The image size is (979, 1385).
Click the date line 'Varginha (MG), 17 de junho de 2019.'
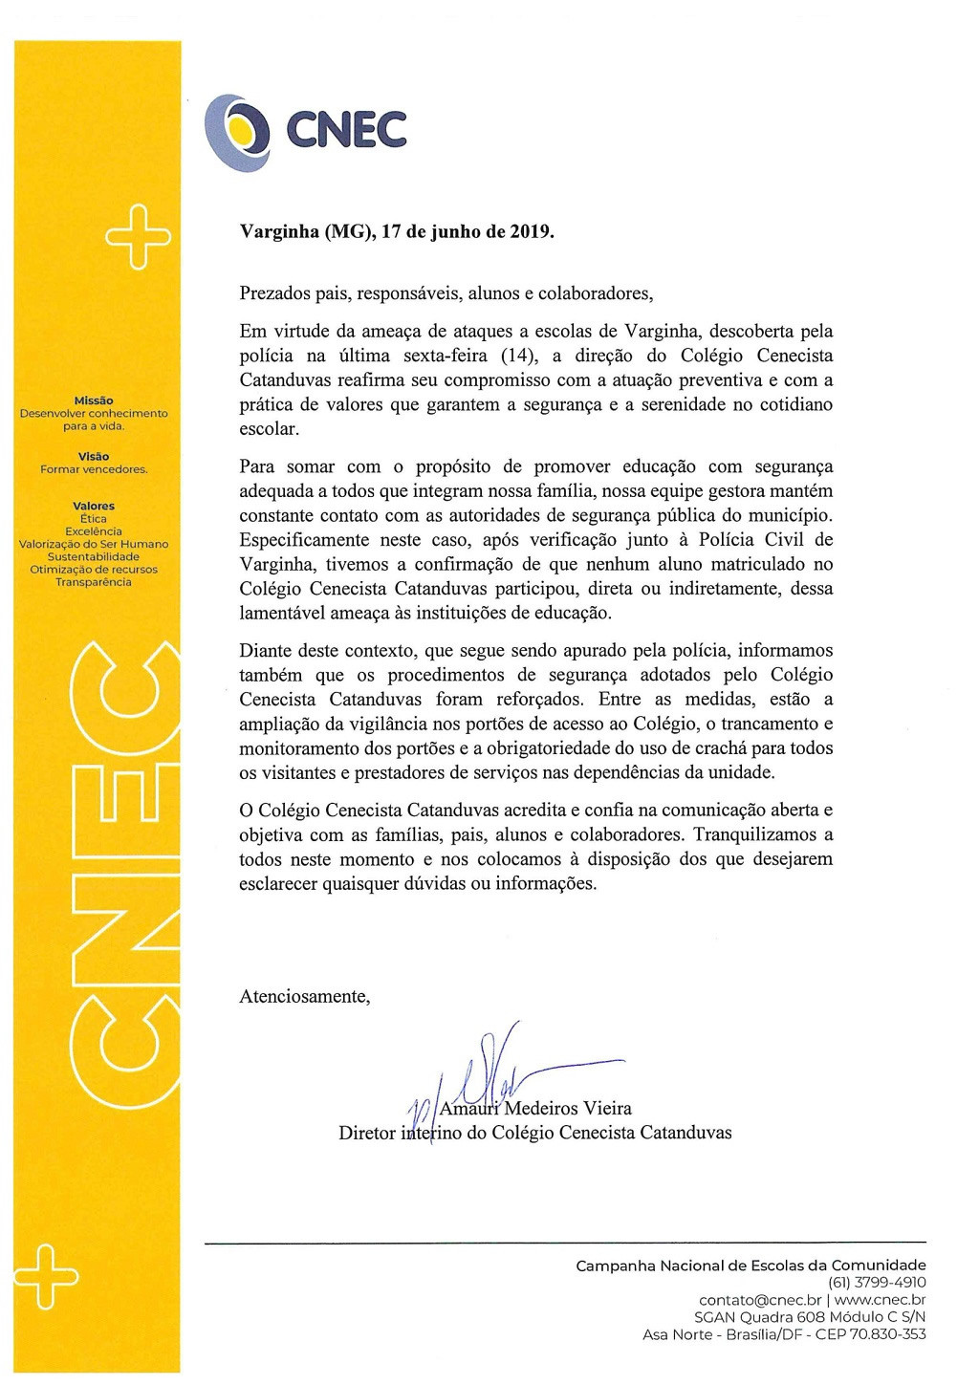[x=396, y=232]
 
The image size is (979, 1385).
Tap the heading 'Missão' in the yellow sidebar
[x=94, y=400]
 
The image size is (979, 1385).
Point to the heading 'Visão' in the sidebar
[x=94, y=457]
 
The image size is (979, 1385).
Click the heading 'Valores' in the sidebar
[x=94, y=506]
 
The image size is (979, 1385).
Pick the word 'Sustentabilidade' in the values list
[x=94, y=556]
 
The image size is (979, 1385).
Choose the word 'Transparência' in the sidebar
[x=94, y=582]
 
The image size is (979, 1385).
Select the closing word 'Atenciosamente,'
[x=304, y=997]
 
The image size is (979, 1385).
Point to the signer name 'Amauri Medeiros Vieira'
[x=534, y=1109]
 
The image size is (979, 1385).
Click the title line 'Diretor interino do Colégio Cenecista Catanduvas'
[x=534, y=1134]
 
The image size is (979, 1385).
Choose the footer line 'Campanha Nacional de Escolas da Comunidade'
[x=751, y=1266]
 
